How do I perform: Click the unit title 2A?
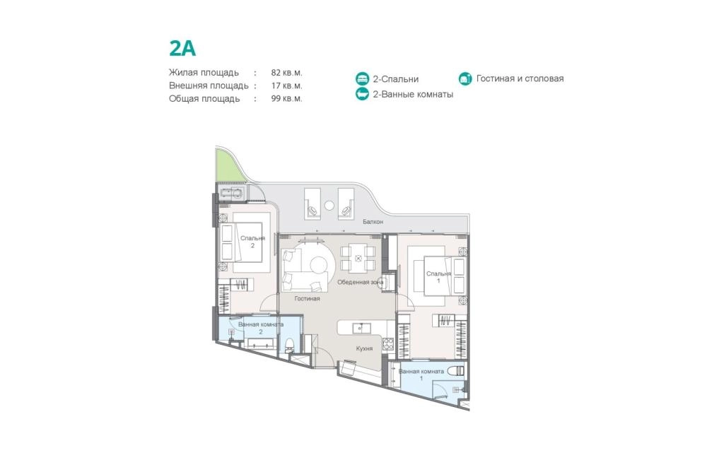click(182, 49)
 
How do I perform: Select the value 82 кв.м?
click(286, 73)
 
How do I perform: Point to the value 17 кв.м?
click(286, 85)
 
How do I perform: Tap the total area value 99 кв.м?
click(286, 98)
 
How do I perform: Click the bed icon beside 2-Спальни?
click(363, 78)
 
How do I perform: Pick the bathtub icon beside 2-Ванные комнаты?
click(363, 94)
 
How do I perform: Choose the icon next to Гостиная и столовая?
click(465, 78)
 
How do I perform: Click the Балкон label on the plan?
click(373, 221)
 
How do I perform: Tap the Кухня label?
click(364, 348)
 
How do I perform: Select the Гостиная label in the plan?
click(307, 298)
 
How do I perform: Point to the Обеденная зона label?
click(360, 282)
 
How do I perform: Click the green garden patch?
click(228, 165)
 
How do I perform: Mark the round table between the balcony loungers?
click(329, 205)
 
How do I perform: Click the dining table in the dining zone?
click(358, 259)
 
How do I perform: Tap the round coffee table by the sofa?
click(319, 265)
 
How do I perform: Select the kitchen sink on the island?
click(361, 328)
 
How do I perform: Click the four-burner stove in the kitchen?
click(388, 343)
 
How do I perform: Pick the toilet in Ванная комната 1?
click(456, 370)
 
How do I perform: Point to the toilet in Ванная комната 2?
click(290, 343)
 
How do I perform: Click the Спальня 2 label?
click(252, 242)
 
